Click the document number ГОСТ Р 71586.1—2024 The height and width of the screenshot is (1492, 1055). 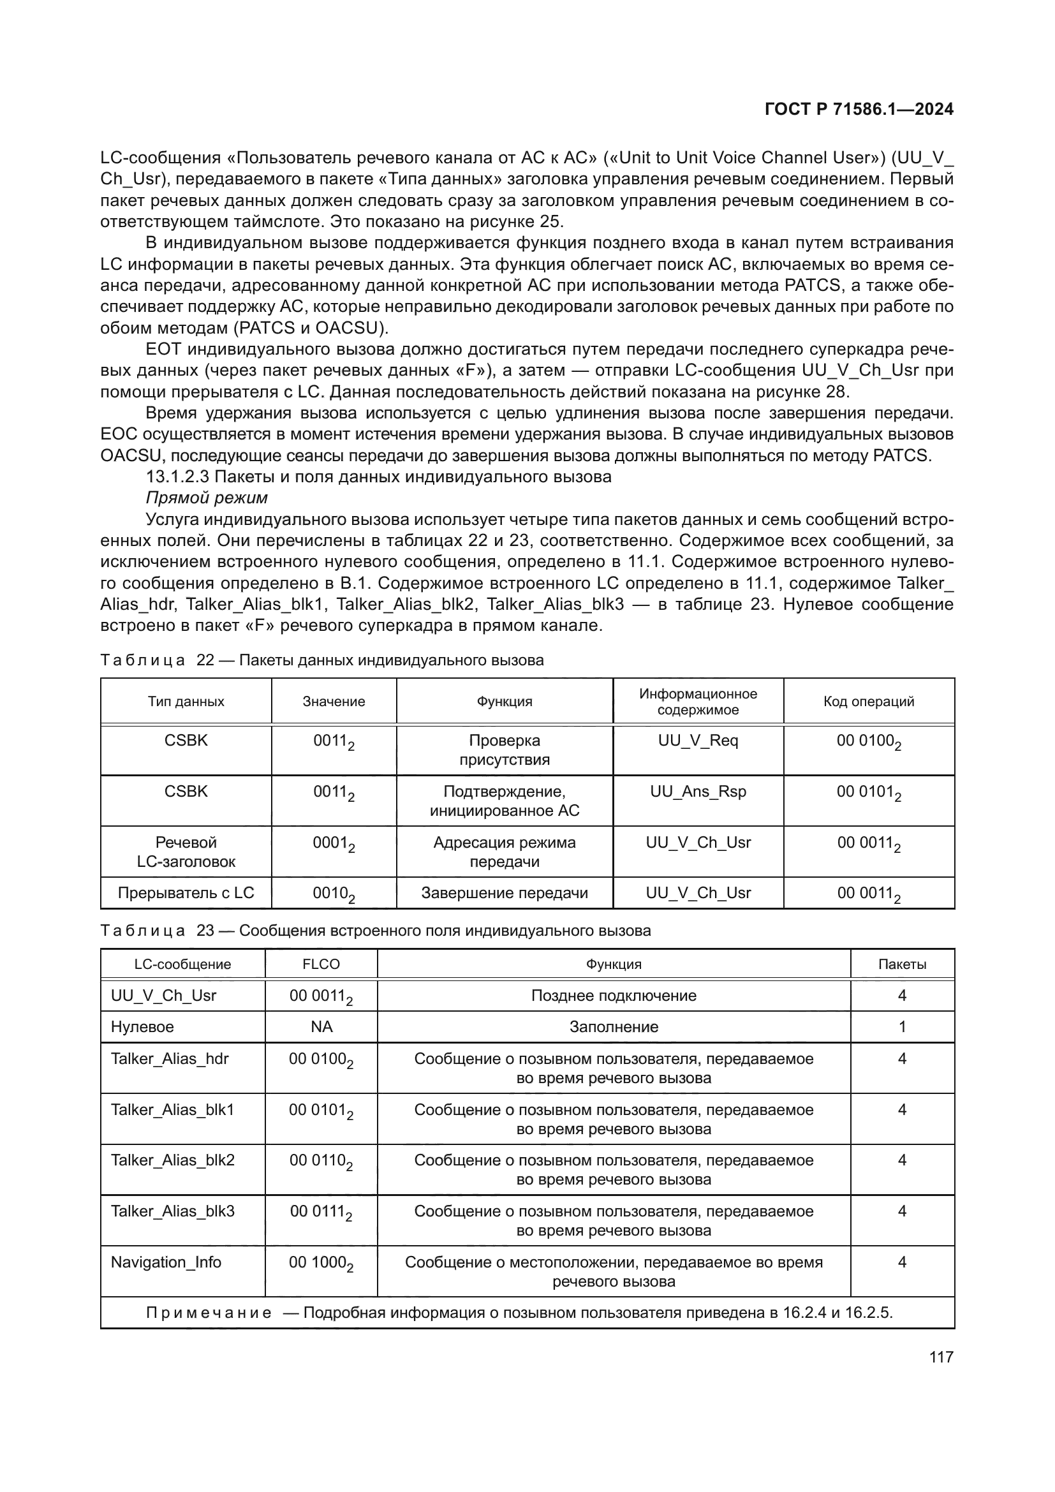(859, 109)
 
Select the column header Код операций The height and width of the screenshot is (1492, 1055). (869, 701)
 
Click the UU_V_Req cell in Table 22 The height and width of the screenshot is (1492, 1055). (698, 740)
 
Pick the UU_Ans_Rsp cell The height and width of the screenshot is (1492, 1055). (698, 792)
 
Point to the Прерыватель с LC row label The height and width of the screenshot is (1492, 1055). (186, 893)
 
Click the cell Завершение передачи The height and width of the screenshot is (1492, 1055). (504, 893)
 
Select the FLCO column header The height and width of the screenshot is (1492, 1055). (321, 964)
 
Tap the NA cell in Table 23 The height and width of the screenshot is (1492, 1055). (321, 1027)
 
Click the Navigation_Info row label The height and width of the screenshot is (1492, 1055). (166, 1262)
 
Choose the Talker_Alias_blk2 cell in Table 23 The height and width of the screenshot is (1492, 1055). (172, 1160)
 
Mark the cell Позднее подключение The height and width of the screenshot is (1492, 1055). (613, 996)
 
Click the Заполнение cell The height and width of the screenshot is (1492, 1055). (613, 1027)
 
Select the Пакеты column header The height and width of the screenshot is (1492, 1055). (902, 964)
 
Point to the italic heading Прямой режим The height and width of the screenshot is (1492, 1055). (207, 498)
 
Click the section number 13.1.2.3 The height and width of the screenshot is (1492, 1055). (177, 476)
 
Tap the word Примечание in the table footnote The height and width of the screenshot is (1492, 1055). (209, 1312)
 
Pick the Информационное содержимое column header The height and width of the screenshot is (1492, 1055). (698, 701)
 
